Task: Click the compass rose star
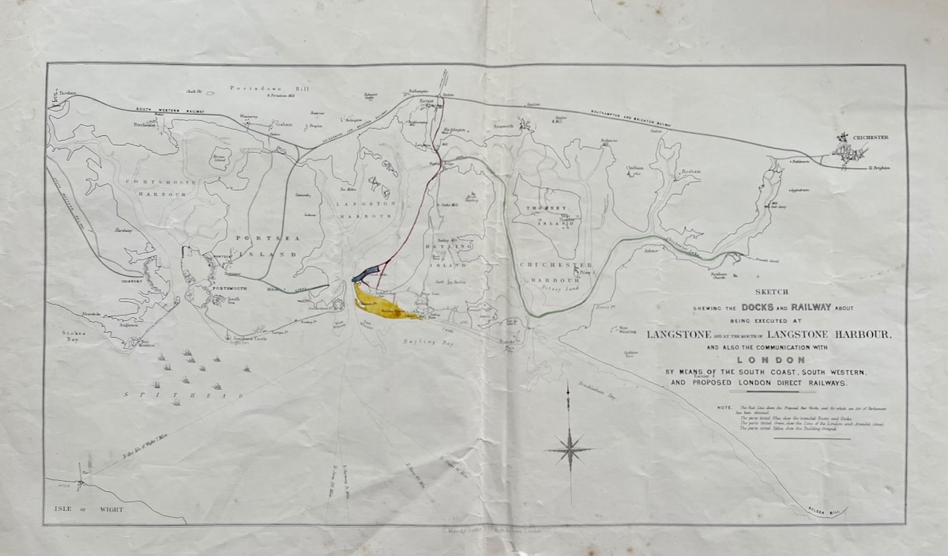(x=570, y=449)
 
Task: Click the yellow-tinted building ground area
(x=379, y=304)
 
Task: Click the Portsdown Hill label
(x=261, y=89)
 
